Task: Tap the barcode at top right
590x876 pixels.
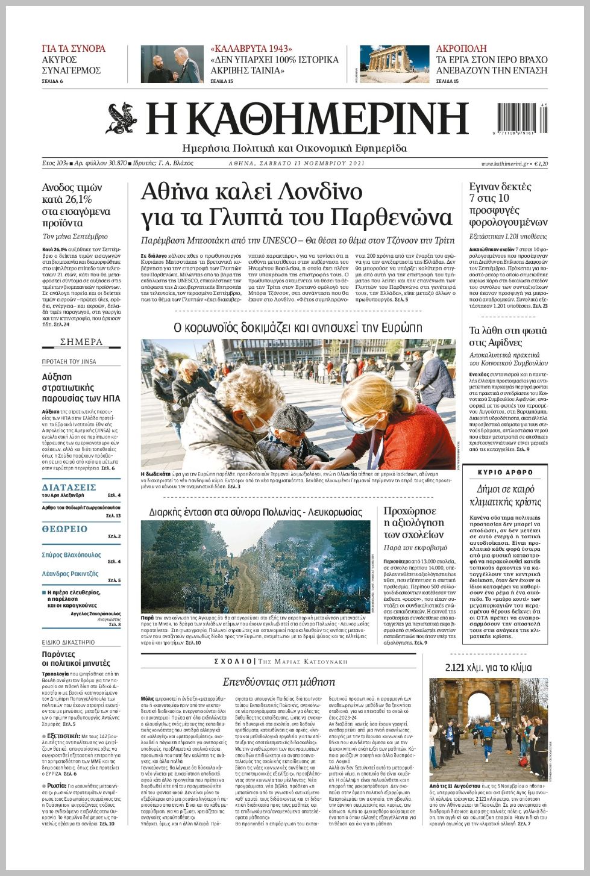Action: pos(523,118)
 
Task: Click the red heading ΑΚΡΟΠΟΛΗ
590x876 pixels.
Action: pos(461,49)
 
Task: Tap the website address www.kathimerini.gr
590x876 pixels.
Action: pos(504,164)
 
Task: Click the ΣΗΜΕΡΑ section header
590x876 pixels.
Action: pos(81,342)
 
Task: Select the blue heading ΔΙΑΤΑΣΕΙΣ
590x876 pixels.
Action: pos(69,487)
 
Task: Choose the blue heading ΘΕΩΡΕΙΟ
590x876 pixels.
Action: pos(64,529)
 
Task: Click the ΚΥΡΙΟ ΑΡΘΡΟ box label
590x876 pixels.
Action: pos(506,473)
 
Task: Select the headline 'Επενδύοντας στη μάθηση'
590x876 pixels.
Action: pos(278,682)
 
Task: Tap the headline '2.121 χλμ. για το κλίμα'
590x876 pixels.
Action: pos(488,668)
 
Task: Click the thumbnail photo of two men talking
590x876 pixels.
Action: pos(172,64)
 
